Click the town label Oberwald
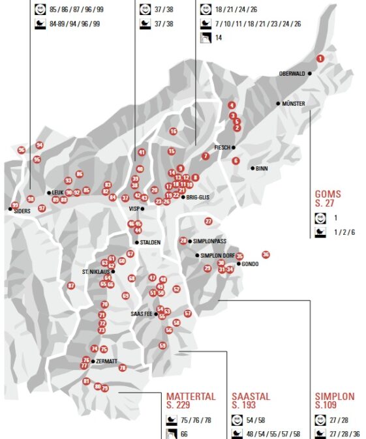pos(292,74)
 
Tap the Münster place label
pos(294,104)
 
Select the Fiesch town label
pos(224,147)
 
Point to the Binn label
pos(262,168)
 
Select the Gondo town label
pos(250,264)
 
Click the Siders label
pos(22,211)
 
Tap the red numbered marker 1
pos(320,58)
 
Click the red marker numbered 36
pos(266,254)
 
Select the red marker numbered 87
pos(71,285)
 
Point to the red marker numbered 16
pos(174,131)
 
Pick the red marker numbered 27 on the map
pos(208,221)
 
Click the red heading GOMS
pos(328,194)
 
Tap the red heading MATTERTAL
pos(191,396)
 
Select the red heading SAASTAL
pos(251,396)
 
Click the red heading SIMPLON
pos(335,396)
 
